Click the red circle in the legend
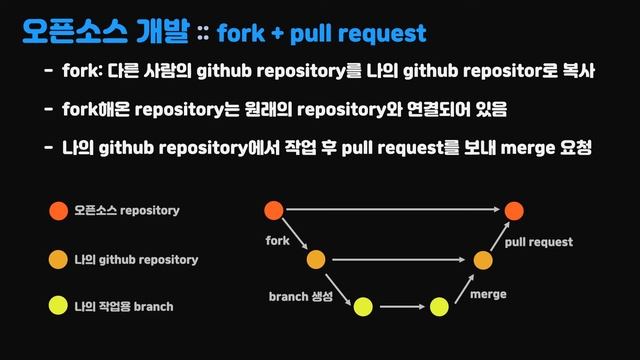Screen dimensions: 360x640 [58, 211]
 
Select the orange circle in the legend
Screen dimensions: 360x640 [58, 259]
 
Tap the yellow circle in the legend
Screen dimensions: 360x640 [58, 306]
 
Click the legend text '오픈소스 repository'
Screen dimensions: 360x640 [127, 211]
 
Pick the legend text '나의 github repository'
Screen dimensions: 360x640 [136, 259]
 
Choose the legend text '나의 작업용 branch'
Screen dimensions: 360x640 [123, 306]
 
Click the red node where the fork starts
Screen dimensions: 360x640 [273, 211]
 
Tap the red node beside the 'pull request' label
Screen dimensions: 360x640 [514, 211]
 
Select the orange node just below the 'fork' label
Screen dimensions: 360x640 [316, 259]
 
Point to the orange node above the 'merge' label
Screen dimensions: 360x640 [483, 259]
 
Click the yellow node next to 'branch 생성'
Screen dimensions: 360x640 [363, 306]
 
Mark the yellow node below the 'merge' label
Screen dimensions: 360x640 [439, 306]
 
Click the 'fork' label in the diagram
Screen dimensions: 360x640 [277, 241]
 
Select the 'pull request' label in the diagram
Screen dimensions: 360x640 [539, 242]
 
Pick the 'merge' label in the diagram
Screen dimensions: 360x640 [488, 295]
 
